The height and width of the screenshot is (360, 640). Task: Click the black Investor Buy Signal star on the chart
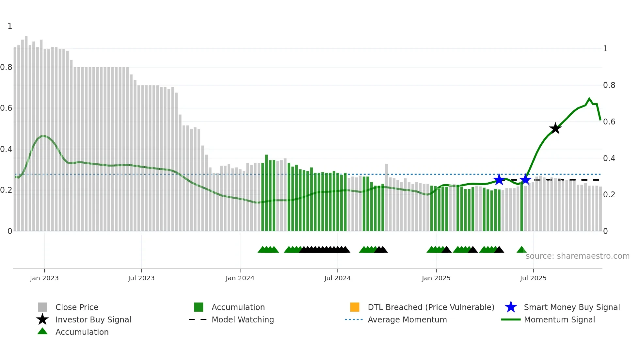(x=555, y=128)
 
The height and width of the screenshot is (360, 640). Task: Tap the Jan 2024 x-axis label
(x=240, y=278)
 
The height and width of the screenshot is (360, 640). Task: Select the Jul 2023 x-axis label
(x=141, y=278)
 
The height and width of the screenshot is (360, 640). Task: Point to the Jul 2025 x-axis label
(x=533, y=278)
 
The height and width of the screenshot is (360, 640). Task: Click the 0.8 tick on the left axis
(x=6, y=67)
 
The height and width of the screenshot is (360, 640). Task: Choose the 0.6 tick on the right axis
(x=609, y=122)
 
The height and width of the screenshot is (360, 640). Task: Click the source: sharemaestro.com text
(x=577, y=256)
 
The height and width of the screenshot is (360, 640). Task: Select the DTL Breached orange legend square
(x=355, y=307)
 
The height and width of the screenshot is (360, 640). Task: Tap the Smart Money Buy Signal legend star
(x=511, y=307)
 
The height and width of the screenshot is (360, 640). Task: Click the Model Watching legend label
(x=243, y=319)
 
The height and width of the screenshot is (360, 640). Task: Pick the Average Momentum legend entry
(x=407, y=319)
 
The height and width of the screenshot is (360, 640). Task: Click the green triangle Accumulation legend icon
(x=42, y=331)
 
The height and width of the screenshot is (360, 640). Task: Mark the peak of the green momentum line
(x=589, y=98)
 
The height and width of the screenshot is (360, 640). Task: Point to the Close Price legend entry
(x=77, y=307)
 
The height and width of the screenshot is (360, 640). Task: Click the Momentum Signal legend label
(x=559, y=319)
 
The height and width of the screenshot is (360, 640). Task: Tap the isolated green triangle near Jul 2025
(x=521, y=250)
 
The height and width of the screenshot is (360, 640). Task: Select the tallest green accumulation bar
(x=266, y=193)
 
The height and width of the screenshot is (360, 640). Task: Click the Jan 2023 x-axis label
(x=44, y=278)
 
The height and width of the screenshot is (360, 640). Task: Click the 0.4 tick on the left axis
(x=6, y=149)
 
